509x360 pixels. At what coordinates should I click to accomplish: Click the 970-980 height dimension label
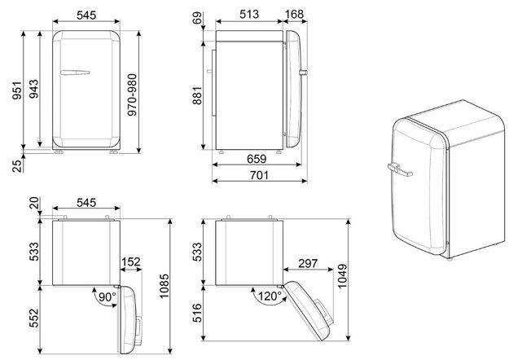132,94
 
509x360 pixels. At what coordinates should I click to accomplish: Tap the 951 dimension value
16,90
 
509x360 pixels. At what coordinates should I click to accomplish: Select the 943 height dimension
33,89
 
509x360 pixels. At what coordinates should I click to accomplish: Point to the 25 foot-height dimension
17,165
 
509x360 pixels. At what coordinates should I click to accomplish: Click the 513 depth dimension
249,14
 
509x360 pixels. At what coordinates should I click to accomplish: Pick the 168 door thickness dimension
295,14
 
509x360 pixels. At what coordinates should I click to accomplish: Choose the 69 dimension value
197,18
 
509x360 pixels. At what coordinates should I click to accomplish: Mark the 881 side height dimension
197,95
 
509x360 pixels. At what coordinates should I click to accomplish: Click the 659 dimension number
257,159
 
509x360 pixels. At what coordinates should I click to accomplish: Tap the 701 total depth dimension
259,175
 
